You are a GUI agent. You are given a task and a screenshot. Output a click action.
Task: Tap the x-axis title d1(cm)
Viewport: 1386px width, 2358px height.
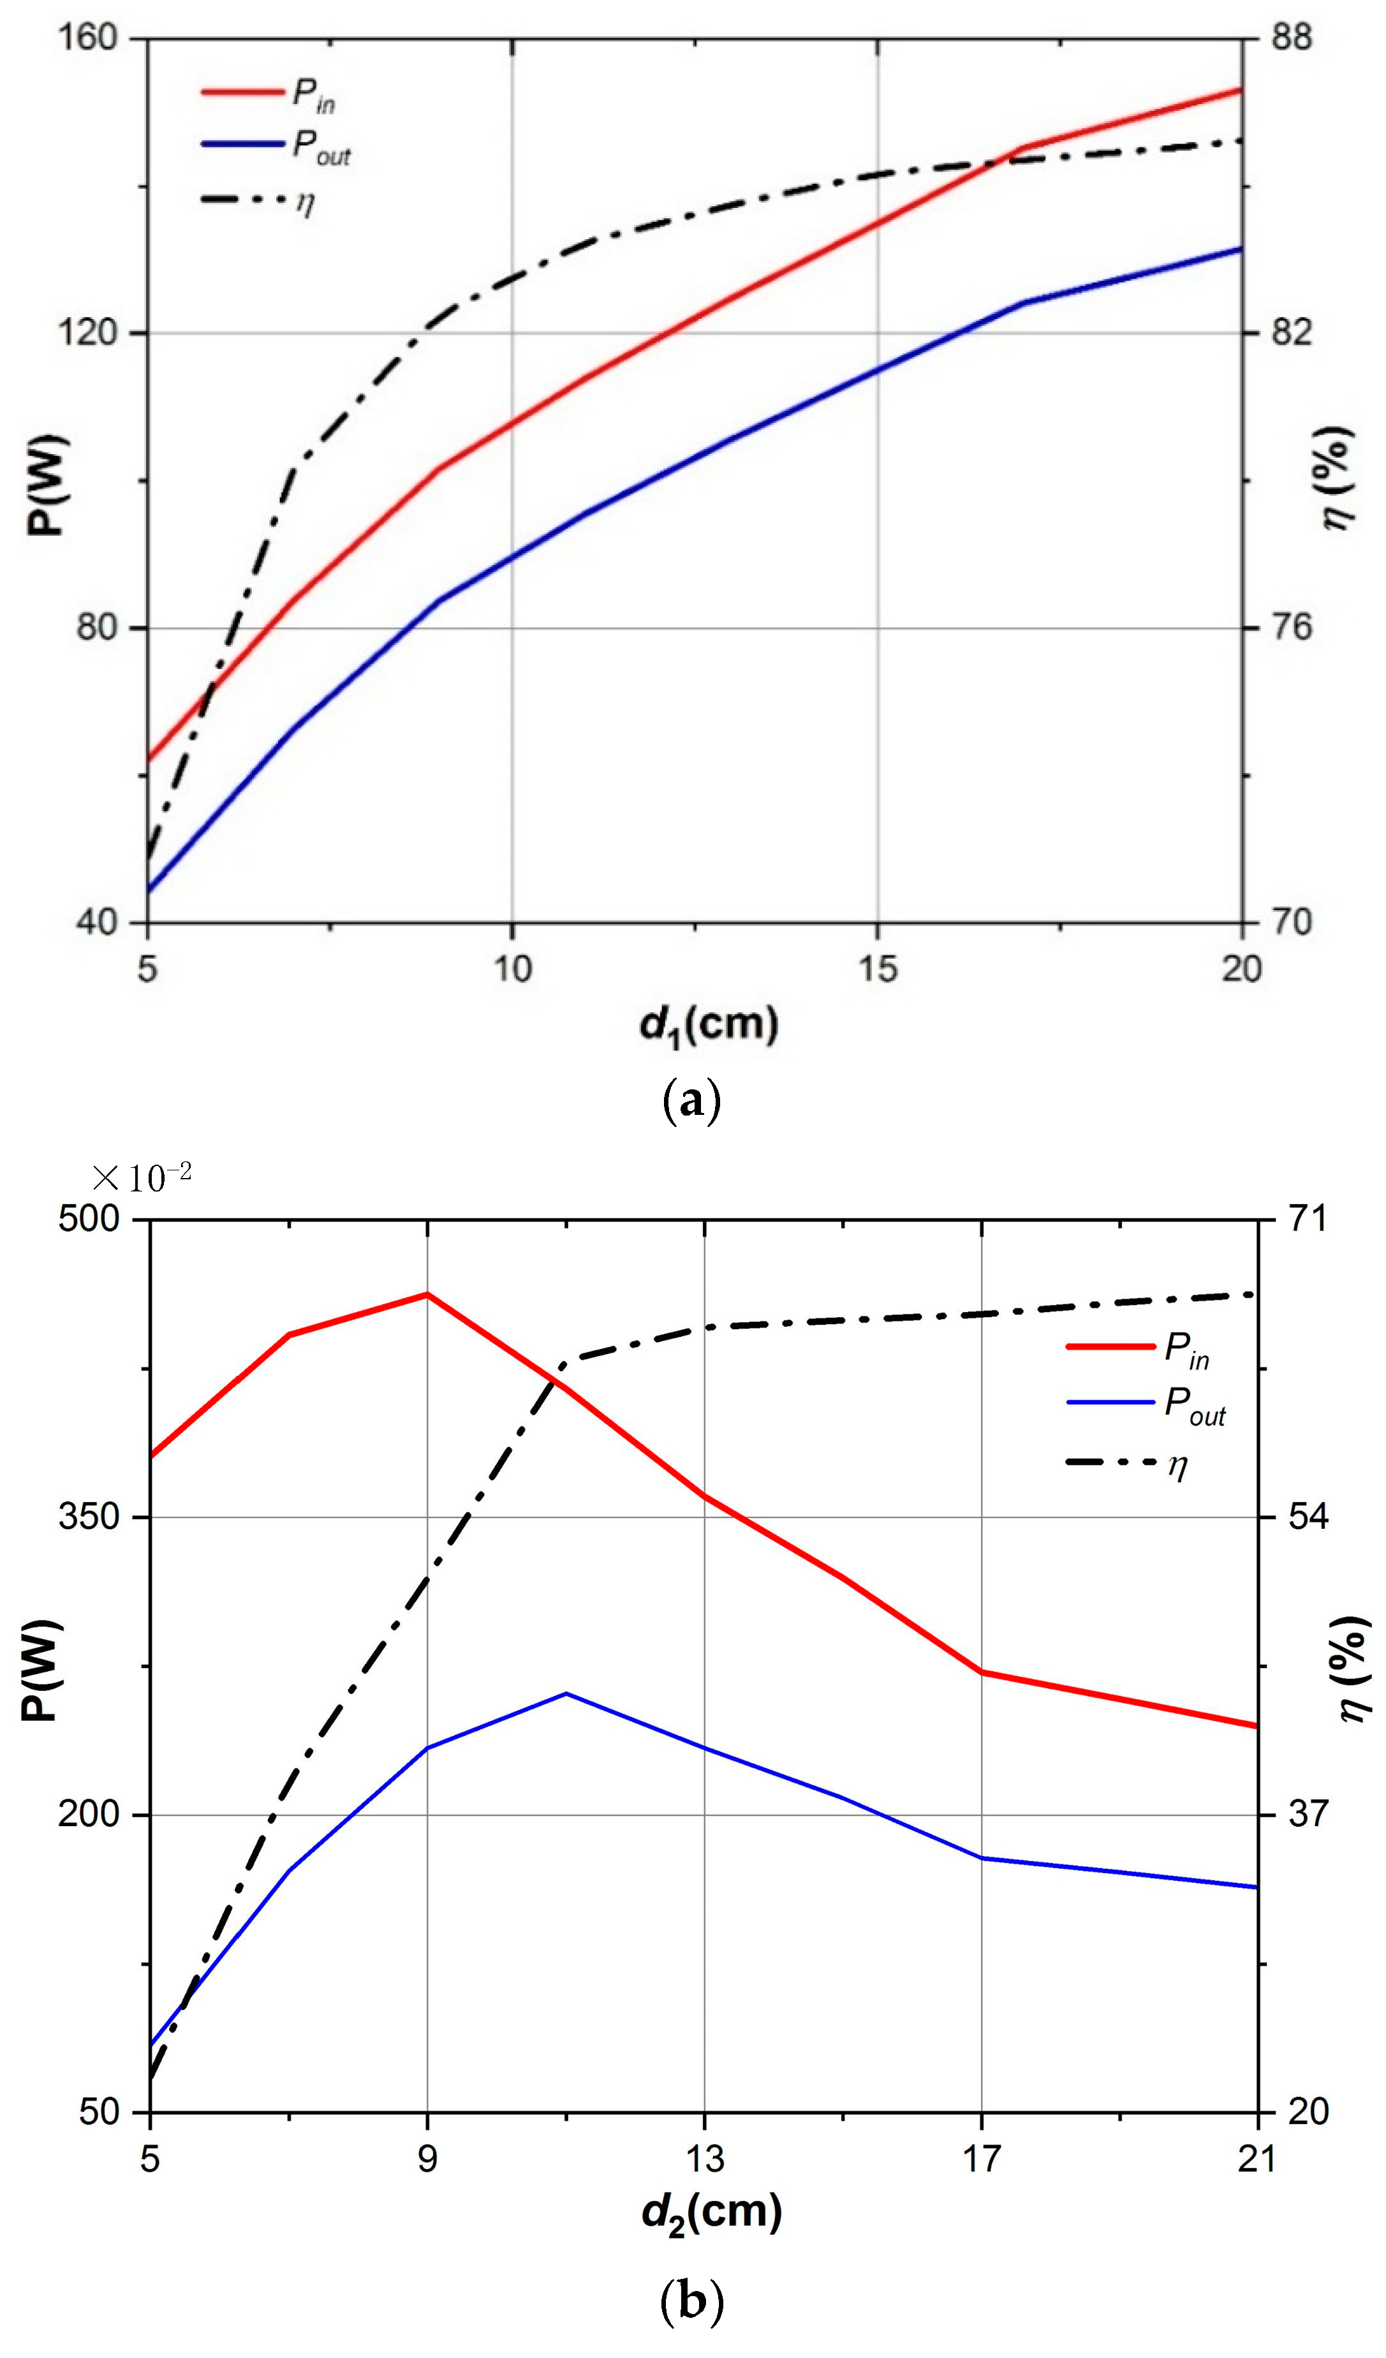709,1024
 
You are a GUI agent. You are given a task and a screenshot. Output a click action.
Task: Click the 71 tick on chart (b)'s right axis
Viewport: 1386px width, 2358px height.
1308,1220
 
